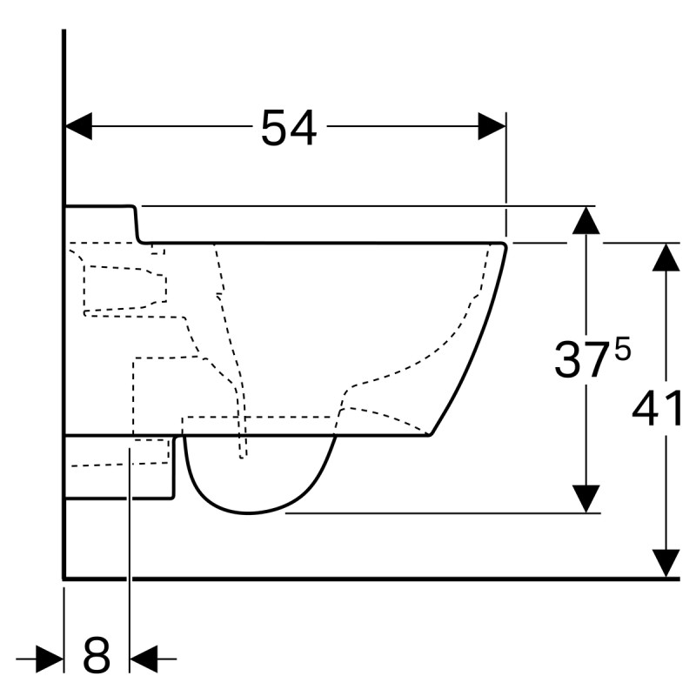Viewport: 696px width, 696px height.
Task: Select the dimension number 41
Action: click(x=658, y=409)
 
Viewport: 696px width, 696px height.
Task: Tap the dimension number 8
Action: click(x=97, y=657)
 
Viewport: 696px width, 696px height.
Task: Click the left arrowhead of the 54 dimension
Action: click(x=78, y=126)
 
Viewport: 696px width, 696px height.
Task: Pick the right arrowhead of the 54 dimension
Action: click(x=492, y=126)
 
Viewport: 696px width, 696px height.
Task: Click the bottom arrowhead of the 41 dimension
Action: click(x=666, y=563)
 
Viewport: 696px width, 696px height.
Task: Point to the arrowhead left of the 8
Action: click(x=51, y=659)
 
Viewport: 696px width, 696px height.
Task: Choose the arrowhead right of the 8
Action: click(x=142, y=659)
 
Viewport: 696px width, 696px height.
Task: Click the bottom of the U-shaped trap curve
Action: click(x=248, y=512)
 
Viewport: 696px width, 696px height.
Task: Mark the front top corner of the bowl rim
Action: click(x=505, y=244)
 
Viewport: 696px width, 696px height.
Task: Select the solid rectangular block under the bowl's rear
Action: click(x=120, y=466)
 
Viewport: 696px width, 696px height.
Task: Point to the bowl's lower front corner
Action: click(x=430, y=434)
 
